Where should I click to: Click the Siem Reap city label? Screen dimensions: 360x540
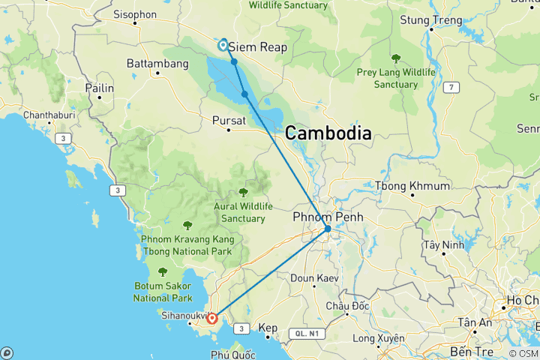(257, 46)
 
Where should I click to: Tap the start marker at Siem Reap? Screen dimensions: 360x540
(223, 45)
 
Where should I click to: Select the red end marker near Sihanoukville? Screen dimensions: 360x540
(212, 318)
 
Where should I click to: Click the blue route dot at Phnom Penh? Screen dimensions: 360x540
(328, 229)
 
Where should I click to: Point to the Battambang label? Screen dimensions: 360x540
(157, 64)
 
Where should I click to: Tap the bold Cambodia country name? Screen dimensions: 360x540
(328, 133)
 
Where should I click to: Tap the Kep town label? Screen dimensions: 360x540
(268, 328)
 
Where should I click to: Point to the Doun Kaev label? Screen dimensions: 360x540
(314, 278)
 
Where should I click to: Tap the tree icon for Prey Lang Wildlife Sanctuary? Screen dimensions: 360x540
(395, 58)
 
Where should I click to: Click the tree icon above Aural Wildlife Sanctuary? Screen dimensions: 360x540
(243, 192)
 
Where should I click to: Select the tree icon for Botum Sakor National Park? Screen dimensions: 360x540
(163, 271)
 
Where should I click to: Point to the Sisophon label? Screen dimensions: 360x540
(134, 14)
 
